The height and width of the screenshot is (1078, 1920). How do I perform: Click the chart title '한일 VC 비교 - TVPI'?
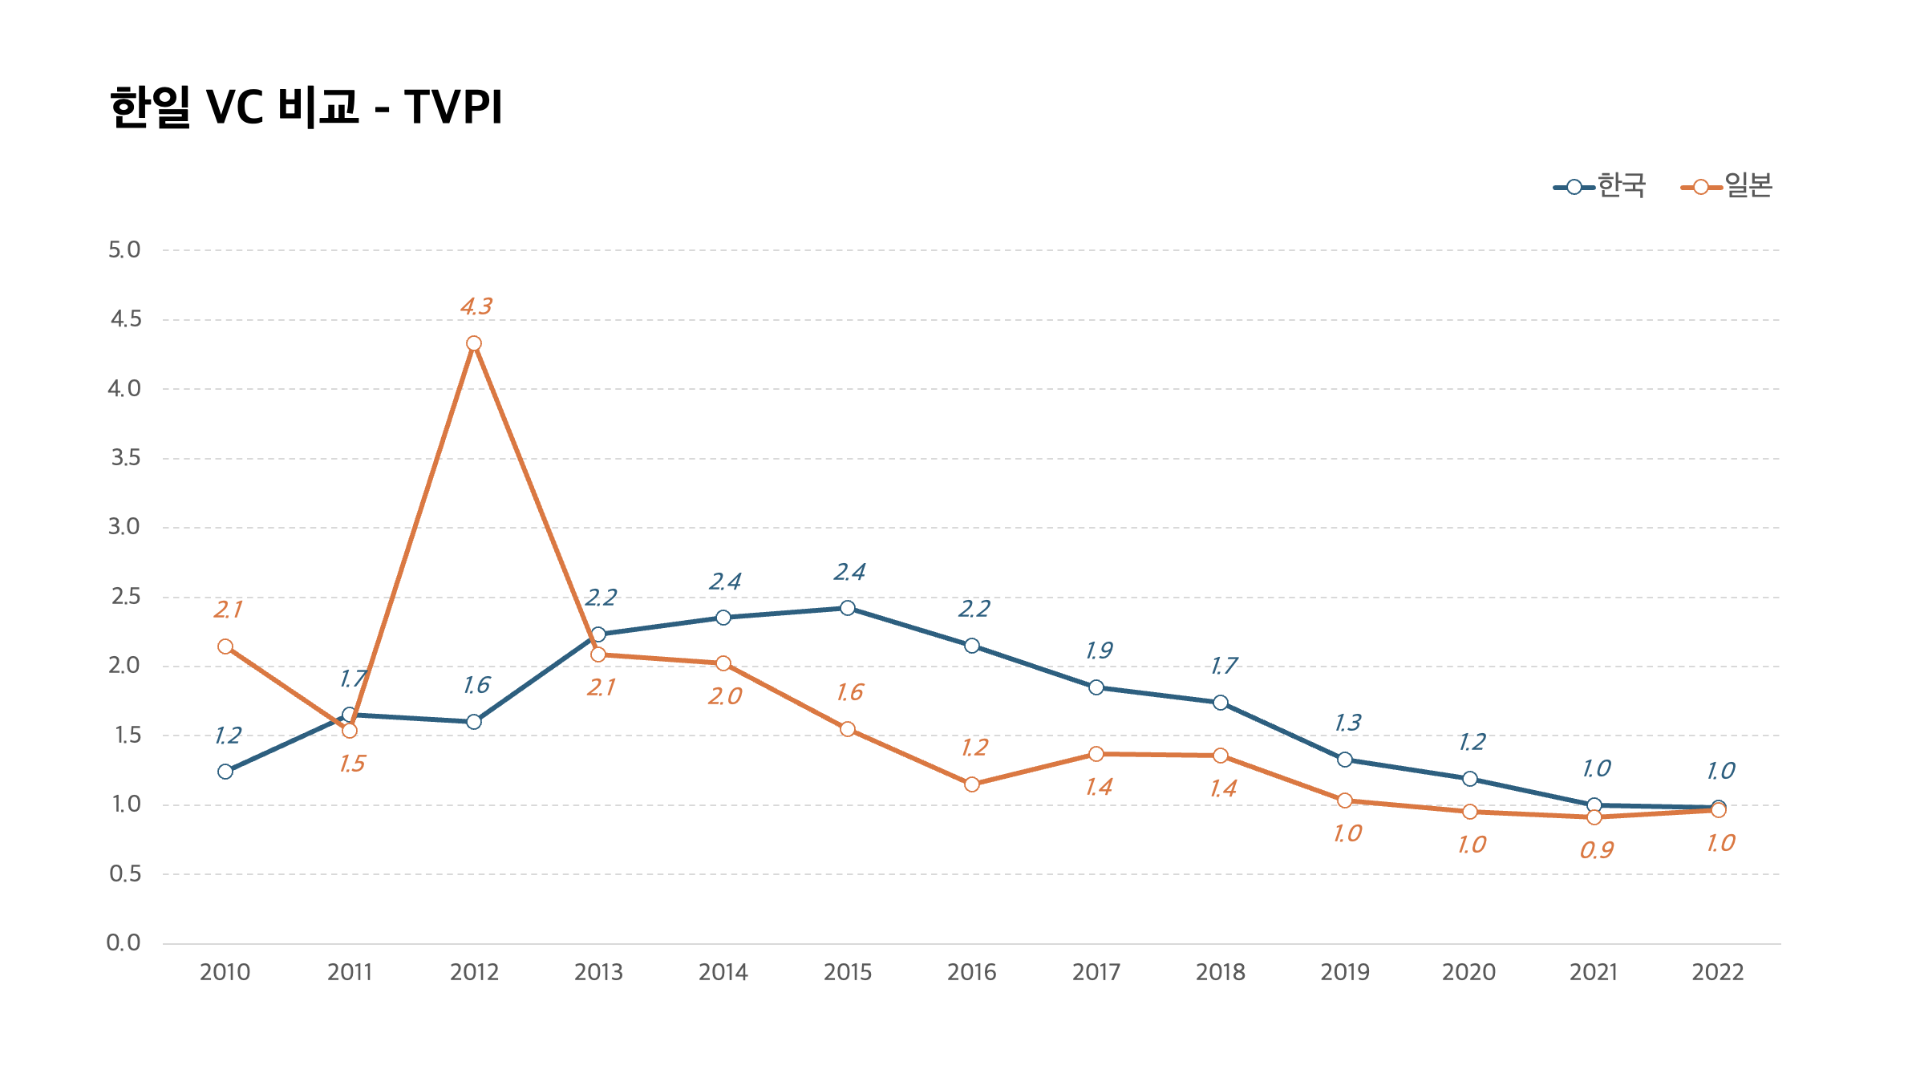click(306, 107)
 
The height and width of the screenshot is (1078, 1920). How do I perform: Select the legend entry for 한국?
click(1600, 186)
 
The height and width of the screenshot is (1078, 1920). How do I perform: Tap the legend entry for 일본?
click(1727, 186)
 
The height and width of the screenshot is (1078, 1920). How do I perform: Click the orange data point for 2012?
click(474, 343)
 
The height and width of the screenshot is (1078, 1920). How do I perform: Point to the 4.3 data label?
click(476, 306)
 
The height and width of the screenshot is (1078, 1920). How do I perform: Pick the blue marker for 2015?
click(848, 608)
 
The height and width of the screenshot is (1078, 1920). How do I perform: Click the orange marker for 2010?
click(225, 646)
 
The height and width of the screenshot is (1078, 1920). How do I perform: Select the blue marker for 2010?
click(225, 772)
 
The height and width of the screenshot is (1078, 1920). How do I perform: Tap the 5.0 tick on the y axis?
click(124, 249)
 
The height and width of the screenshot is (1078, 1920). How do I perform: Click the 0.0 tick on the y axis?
click(124, 942)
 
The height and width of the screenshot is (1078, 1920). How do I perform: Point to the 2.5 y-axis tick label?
click(124, 596)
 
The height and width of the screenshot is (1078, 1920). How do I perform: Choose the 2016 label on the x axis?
click(972, 972)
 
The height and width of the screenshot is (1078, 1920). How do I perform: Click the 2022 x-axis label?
click(1718, 972)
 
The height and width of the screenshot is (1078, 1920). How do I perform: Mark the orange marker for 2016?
click(972, 784)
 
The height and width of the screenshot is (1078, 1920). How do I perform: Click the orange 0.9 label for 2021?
click(1597, 850)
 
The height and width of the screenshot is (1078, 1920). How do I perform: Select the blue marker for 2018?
click(1221, 703)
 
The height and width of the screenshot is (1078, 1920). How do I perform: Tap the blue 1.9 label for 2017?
click(1100, 650)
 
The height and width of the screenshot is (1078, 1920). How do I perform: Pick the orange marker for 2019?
click(1345, 800)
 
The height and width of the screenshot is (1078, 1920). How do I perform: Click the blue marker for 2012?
click(474, 722)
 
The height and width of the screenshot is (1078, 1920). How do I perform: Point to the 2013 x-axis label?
click(598, 972)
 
